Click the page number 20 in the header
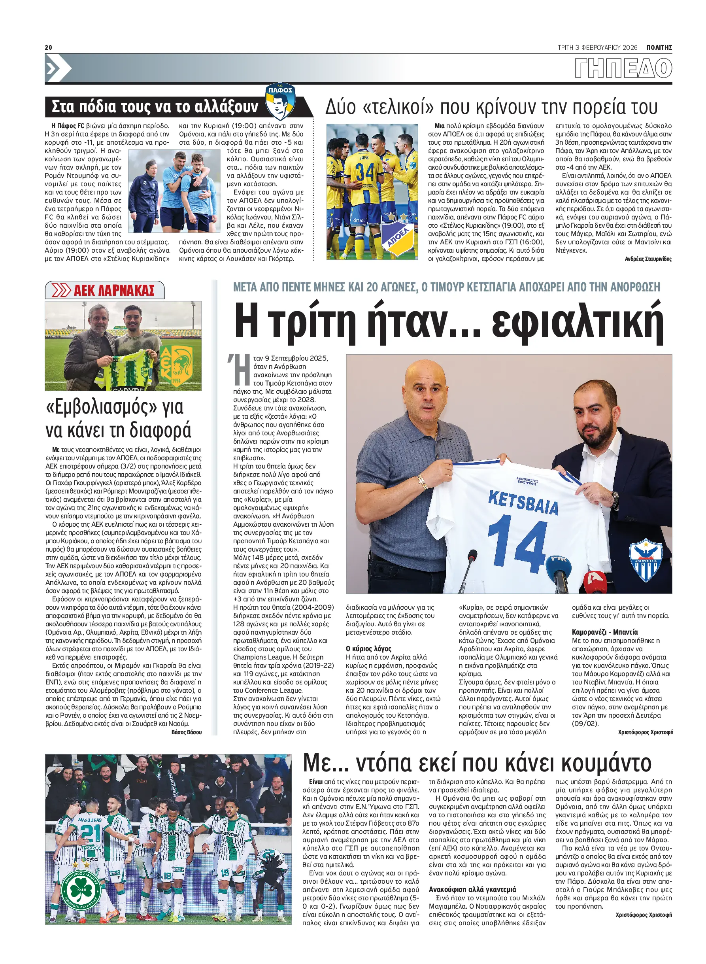click(x=48, y=47)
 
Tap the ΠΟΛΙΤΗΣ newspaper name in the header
click(x=659, y=47)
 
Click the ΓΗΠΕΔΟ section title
click(x=623, y=68)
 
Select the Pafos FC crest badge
click(x=280, y=102)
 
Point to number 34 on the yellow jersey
click(x=365, y=172)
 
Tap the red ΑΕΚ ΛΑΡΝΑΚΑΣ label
click(x=114, y=290)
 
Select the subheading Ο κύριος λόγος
click(x=368, y=649)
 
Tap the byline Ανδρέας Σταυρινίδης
click(x=648, y=259)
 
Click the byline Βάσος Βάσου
click(x=186, y=732)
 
